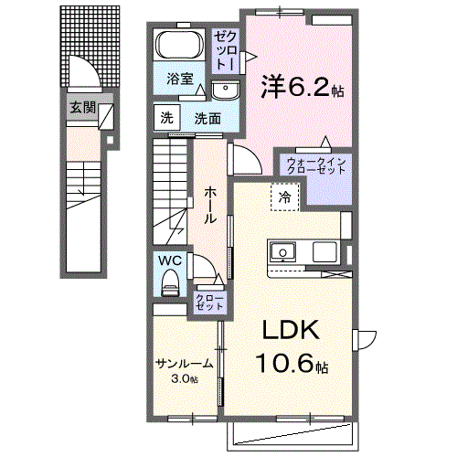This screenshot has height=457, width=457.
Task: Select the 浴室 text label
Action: [x=179, y=80]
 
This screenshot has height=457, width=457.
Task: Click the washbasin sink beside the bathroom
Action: [x=225, y=89]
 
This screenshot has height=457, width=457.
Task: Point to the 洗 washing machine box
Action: [x=166, y=117]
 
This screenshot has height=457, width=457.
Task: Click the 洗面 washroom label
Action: [x=207, y=118]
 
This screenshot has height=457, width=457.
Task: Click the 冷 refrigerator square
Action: [x=285, y=197]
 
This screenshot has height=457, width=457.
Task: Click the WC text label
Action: [x=171, y=260]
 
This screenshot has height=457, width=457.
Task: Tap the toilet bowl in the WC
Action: [x=170, y=284]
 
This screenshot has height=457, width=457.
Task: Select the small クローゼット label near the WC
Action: [x=209, y=303]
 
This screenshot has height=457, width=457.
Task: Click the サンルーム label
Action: [x=184, y=363]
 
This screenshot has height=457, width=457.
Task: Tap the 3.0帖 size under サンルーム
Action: [x=186, y=378]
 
